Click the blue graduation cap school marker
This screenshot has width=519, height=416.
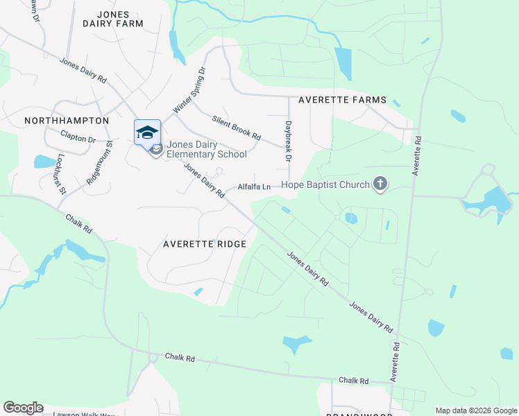click(147, 132)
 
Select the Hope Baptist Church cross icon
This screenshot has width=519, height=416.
click(379, 184)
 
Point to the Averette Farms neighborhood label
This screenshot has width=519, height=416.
click(342, 100)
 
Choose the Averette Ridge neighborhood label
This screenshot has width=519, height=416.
click(205, 244)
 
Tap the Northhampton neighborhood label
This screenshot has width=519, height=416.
click(67, 120)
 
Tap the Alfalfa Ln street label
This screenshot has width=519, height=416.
click(254, 187)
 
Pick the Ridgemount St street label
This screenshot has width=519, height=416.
click(99, 163)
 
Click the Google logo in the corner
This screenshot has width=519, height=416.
click(23, 408)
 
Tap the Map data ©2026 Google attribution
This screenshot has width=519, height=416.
click(475, 410)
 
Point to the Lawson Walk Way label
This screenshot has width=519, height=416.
click(83, 414)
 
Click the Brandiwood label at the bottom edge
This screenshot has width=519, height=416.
click(360, 413)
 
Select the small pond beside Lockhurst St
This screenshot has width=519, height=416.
click(45, 162)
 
